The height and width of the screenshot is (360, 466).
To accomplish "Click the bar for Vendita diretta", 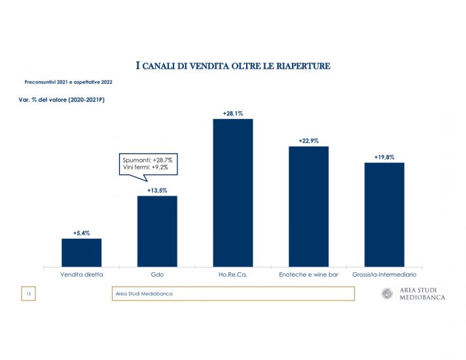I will coord(81,252).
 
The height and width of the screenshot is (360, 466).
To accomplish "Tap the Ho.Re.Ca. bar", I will coord(233,192).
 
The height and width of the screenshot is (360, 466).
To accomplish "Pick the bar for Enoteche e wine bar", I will coord(308,206).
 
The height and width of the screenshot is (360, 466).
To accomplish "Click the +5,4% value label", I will coord(81,233).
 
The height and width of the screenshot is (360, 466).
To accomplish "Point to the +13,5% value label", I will coord(157,190).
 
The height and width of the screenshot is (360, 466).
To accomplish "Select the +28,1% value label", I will coord(233,113).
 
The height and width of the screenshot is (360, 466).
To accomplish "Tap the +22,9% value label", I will coord(308,141).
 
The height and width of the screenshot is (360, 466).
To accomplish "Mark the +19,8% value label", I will coord(384,157).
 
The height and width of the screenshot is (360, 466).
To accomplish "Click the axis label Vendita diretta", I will coord(81,275).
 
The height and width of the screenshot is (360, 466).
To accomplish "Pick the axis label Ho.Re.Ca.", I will coord(233,275).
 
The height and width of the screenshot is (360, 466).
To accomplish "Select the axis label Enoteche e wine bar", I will coord(308,275).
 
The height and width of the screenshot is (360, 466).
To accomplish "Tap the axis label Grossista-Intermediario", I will coord(384,275).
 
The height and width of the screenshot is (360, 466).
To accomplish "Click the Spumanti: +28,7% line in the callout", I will coord(147,160).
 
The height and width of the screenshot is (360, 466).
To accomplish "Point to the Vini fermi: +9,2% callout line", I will coord(145,168).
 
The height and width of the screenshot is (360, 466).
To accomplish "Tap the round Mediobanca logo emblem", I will coord(387,294).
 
